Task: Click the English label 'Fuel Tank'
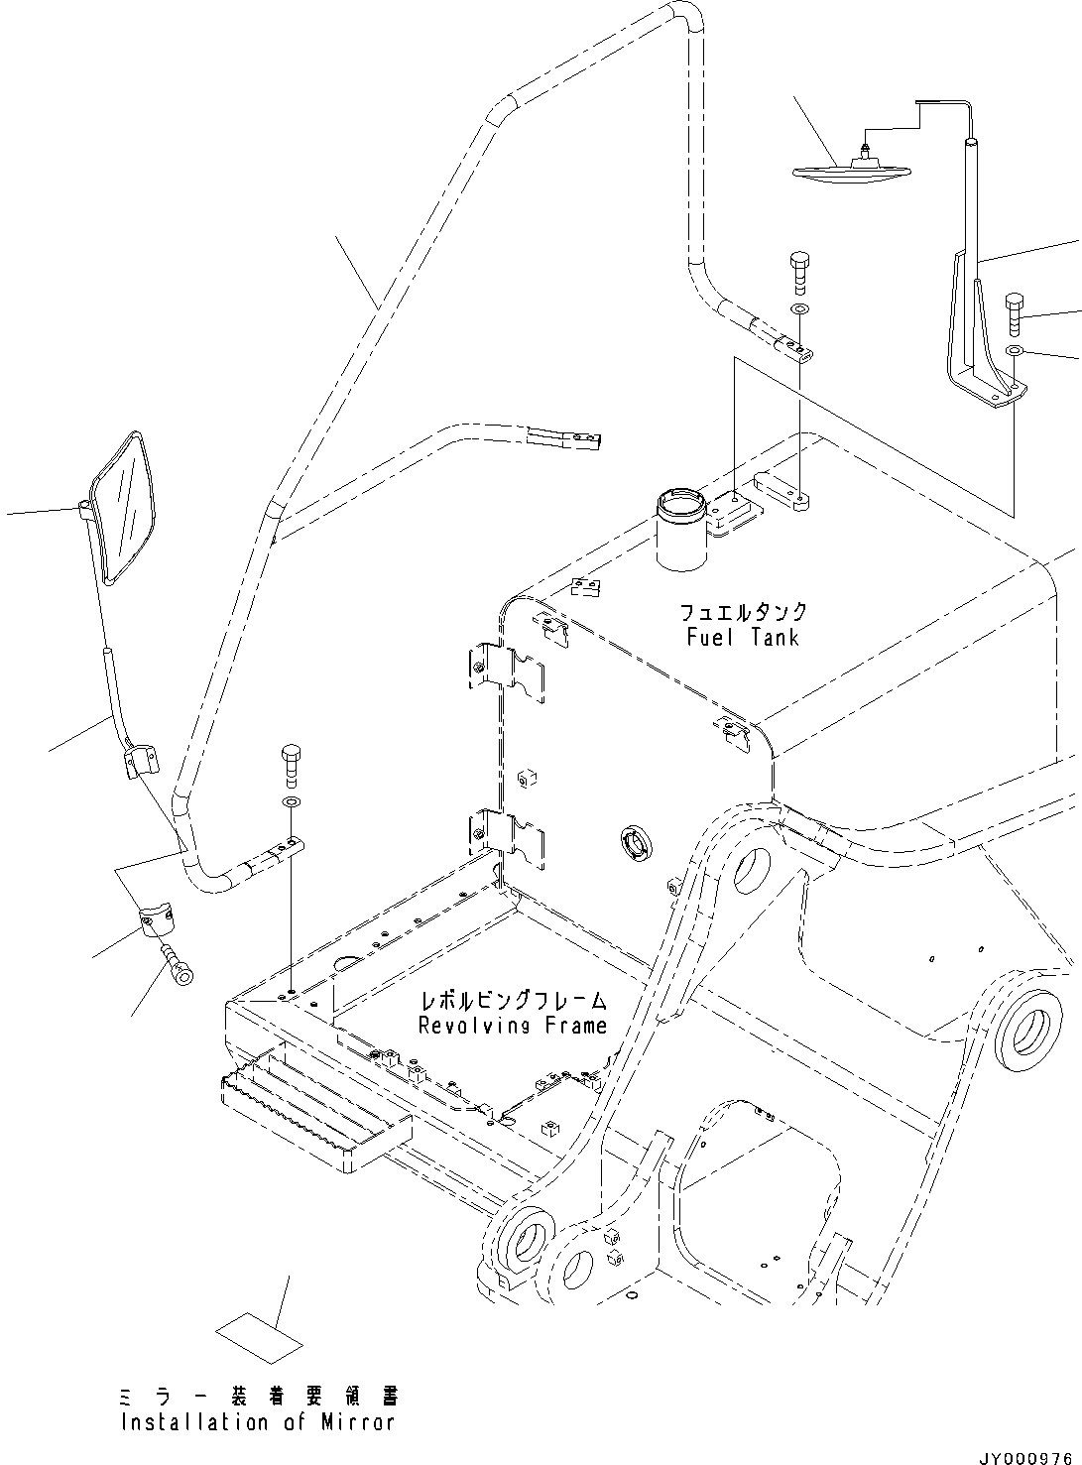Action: pyautogui.click(x=742, y=637)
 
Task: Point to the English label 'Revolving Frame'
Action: pyautogui.click(x=512, y=1025)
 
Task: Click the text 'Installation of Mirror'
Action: pyautogui.click(x=258, y=1421)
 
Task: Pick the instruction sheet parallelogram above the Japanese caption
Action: pyautogui.click(x=259, y=1339)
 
